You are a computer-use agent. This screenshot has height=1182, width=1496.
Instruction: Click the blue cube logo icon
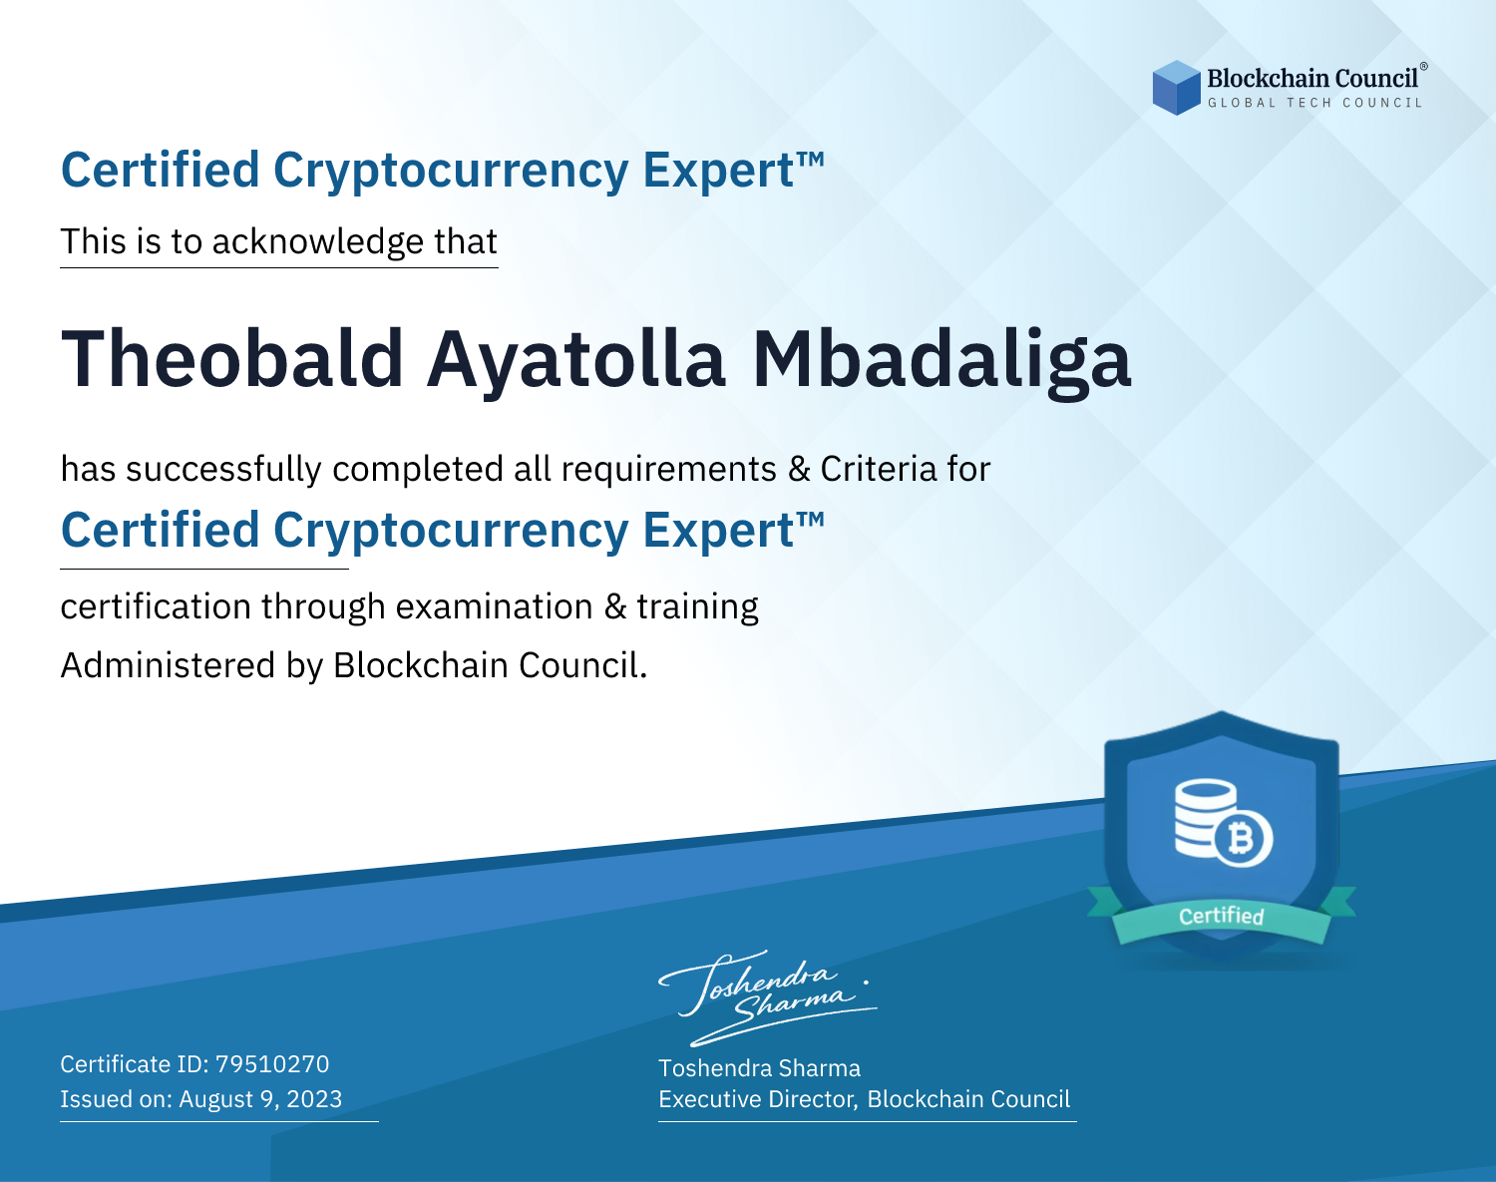click(x=1176, y=88)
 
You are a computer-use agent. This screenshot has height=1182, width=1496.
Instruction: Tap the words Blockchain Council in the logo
click(x=1312, y=79)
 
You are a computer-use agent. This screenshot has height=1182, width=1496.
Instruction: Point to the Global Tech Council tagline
click(x=1314, y=103)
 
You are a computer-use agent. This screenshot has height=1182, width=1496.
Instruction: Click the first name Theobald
click(x=232, y=359)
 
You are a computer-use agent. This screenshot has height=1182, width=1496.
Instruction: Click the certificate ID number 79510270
click(x=272, y=1063)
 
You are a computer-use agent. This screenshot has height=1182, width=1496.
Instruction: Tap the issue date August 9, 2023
click(x=260, y=1098)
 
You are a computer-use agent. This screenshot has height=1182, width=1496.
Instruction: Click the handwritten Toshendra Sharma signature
click(x=767, y=997)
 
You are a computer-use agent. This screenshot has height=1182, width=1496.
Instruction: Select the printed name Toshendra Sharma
click(x=759, y=1068)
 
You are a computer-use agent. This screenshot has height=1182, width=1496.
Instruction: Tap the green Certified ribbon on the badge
click(x=1222, y=916)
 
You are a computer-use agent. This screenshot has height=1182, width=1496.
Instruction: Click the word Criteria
click(x=878, y=469)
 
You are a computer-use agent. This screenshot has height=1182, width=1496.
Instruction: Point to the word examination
click(x=495, y=606)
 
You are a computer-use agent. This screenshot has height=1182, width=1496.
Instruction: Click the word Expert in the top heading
click(x=719, y=172)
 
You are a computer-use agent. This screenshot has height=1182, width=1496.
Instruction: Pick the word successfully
click(x=223, y=470)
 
